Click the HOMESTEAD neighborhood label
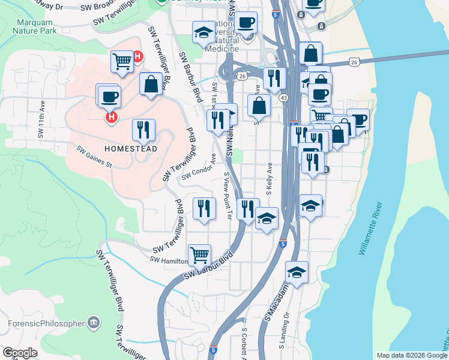click(130, 148)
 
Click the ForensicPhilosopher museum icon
click(93, 322)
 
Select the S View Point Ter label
click(228, 194)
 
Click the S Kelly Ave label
click(270, 178)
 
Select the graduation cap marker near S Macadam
click(297, 271)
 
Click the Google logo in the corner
click(20, 353)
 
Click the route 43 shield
click(283, 97)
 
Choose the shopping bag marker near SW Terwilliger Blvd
click(150, 83)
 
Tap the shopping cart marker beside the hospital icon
click(122, 60)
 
